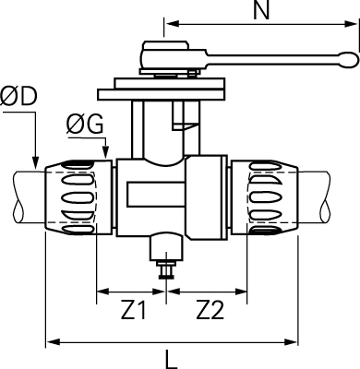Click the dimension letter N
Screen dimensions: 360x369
[261, 10]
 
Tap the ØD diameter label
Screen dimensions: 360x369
[18, 96]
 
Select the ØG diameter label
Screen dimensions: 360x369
[85, 125]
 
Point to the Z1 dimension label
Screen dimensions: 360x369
[133, 310]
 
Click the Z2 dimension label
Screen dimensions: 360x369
[210, 310]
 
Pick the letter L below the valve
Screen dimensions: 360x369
[171, 359]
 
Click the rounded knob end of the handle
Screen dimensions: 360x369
[349, 59]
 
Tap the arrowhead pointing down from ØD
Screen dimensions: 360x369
[36, 162]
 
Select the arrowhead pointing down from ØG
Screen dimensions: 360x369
[105, 152]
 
